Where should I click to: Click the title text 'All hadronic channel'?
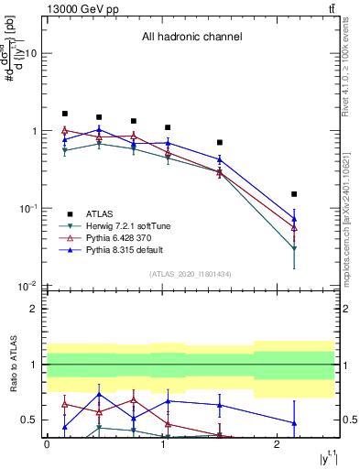[x=191, y=37]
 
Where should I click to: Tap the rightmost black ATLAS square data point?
[x=294, y=194]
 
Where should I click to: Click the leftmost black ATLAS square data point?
[x=64, y=114]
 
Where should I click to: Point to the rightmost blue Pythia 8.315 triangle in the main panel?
[x=294, y=219]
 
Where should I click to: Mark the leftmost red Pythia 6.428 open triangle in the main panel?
[x=64, y=131]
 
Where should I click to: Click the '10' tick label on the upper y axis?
[x=30, y=53]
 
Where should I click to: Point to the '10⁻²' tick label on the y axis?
[x=28, y=286]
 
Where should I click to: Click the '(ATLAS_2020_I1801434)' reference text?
[x=190, y=274]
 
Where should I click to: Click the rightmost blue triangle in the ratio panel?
[x=294, y=423]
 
